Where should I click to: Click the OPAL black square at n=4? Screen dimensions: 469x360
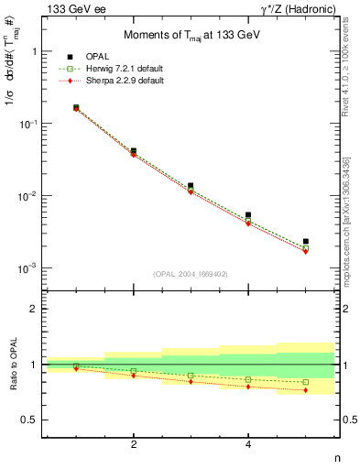(x=248, y=215)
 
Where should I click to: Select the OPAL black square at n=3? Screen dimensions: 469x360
(x=191, y=186)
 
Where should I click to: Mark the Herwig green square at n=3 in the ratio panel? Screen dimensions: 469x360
(x=191, y=376)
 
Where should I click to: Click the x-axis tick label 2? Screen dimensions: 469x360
(x=134, y=444)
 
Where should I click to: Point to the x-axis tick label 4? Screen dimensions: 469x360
(x=248, y=444)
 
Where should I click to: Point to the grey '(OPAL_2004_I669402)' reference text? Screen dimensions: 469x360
(x=191, y=273)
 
